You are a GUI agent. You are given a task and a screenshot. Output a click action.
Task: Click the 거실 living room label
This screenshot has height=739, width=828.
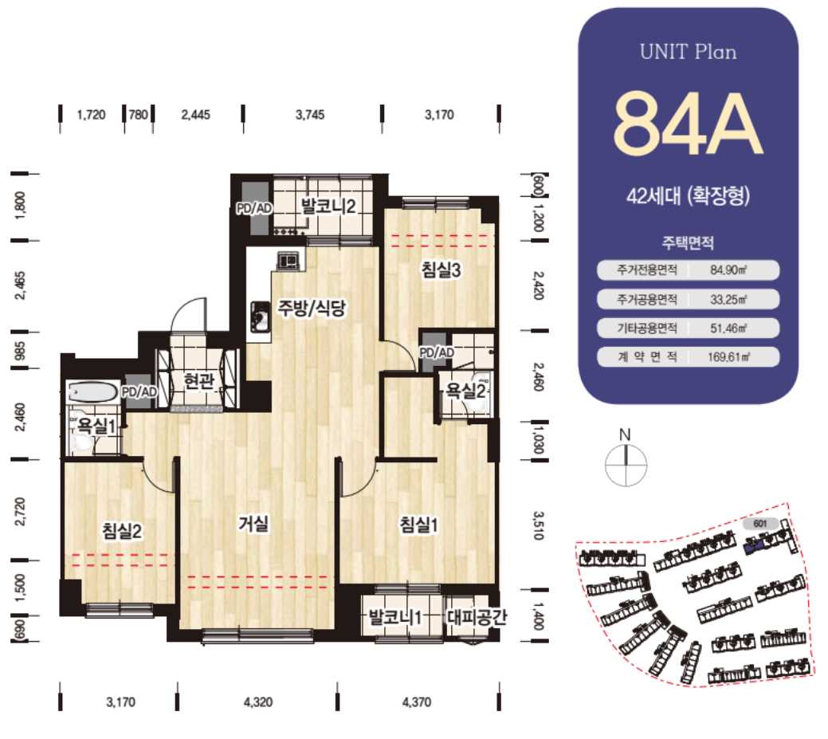pos(254,524)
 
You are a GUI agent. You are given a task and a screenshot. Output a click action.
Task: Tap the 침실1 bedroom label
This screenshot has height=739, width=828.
pos(418,525)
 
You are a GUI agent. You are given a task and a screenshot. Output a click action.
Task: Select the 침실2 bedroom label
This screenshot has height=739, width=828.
pos(122,530)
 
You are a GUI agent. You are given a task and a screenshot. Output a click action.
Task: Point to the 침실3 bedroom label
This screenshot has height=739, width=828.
pos(441,269)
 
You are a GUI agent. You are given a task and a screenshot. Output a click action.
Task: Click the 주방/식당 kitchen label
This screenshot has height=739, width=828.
pos(312,308)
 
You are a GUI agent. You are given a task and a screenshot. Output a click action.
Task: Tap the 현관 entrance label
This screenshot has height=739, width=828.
pos(198,380)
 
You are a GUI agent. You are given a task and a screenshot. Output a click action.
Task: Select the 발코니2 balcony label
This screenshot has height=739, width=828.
pos(328,206)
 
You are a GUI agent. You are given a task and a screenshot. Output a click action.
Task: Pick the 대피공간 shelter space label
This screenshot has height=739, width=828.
pos(477,616)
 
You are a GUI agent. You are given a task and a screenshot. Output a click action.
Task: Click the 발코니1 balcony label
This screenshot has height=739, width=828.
pos(395,616)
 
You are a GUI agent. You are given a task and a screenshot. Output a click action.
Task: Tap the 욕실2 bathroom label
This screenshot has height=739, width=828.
pos(465,391)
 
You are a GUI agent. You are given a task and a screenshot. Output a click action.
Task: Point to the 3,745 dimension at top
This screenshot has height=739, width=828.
pos(310,115)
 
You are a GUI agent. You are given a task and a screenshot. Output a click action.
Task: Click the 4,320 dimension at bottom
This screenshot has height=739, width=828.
pos(258,702)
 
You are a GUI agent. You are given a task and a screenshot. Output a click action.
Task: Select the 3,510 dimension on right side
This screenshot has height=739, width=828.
pos(538,525)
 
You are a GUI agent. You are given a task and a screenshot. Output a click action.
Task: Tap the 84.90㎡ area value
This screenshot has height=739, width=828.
pos(728,270)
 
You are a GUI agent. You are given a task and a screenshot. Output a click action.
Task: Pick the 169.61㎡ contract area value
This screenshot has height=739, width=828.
pos(728,356)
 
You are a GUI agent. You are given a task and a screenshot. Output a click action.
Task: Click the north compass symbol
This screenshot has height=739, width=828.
pos(626,465)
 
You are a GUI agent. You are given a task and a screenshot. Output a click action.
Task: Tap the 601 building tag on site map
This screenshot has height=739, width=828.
pos(760,524)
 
